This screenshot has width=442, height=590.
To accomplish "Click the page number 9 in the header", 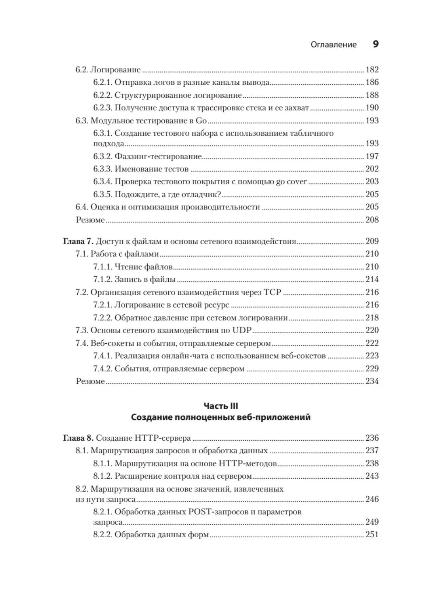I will point(375,44).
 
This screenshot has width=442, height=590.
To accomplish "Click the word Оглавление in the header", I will point(334,45).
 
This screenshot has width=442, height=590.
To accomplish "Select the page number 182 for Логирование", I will point(372,70).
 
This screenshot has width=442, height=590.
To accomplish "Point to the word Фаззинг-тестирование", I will point(158,156).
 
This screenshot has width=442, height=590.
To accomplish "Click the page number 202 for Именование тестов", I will point(372,169).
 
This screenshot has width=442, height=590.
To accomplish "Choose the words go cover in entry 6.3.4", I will point(291,181).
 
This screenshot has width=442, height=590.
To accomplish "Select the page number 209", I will point(372,242).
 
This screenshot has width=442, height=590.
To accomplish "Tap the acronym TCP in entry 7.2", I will point(272,292).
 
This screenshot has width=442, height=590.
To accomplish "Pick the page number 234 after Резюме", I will point(372,381).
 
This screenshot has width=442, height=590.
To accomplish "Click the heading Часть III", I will point(221,406).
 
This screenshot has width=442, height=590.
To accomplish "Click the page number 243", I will point(372,476).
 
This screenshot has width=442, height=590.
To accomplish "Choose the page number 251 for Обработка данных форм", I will point(372,535).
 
